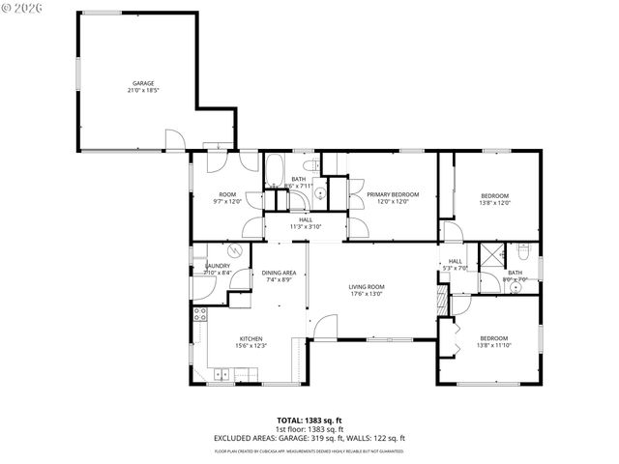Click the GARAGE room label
(x=143, y=83)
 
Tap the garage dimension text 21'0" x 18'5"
(x=143, y=90)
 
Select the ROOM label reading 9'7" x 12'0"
(x=227, y=194)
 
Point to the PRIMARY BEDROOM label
(x=393, y=194)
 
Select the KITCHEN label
(x=251, y=338)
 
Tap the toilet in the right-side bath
(x=524, y=253)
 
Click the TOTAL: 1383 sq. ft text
(x=309, y=420)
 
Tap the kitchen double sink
(x=222, y=373)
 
